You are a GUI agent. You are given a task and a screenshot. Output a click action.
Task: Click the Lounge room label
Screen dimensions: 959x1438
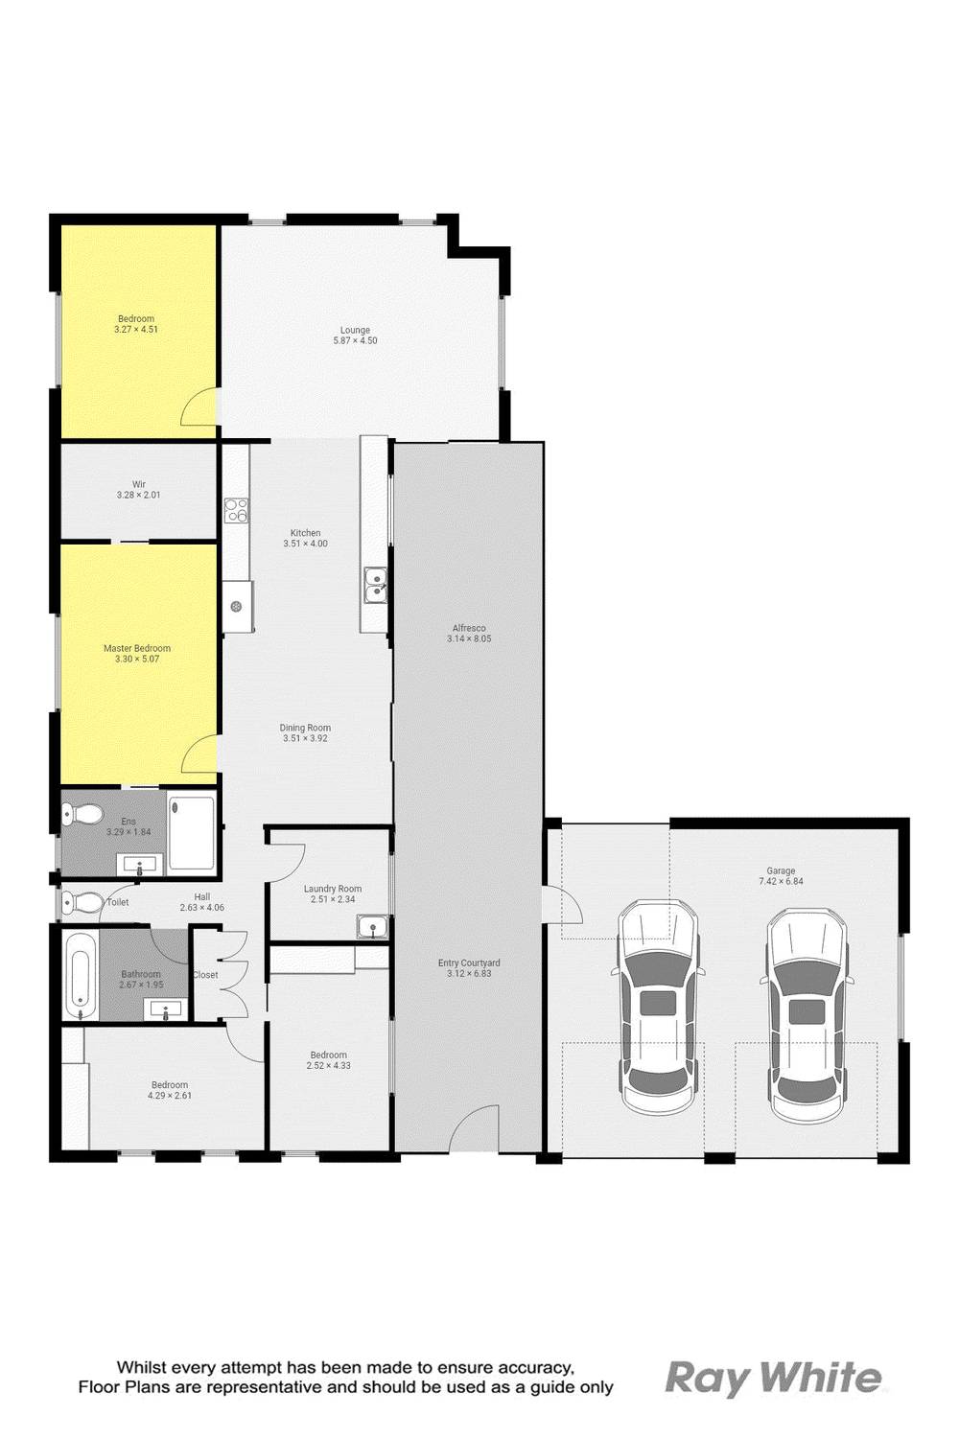point(355,330)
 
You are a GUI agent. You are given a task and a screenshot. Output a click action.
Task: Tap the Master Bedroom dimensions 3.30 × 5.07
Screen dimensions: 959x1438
point(137,659)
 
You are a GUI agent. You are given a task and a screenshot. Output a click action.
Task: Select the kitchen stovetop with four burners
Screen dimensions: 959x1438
point(236,510)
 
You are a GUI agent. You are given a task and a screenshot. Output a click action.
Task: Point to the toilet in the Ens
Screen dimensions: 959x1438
point(82,815)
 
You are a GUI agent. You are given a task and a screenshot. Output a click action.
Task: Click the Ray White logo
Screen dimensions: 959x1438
point(773,1377)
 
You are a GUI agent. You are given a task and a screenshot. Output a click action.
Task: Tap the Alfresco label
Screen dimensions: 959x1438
point(469,628)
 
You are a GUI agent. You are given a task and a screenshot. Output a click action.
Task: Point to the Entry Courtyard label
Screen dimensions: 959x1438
point(469,963)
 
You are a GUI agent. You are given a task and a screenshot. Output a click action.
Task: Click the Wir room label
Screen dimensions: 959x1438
point(139,484)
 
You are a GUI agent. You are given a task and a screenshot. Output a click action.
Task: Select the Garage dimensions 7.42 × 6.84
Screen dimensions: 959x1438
point(781,881)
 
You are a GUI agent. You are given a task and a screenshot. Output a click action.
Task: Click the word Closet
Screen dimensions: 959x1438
point(205,975)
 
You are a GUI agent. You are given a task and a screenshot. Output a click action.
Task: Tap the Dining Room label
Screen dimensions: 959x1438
point(305,728)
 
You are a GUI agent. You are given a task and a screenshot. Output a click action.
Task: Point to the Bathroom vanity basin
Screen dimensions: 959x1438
point(165,1008)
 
